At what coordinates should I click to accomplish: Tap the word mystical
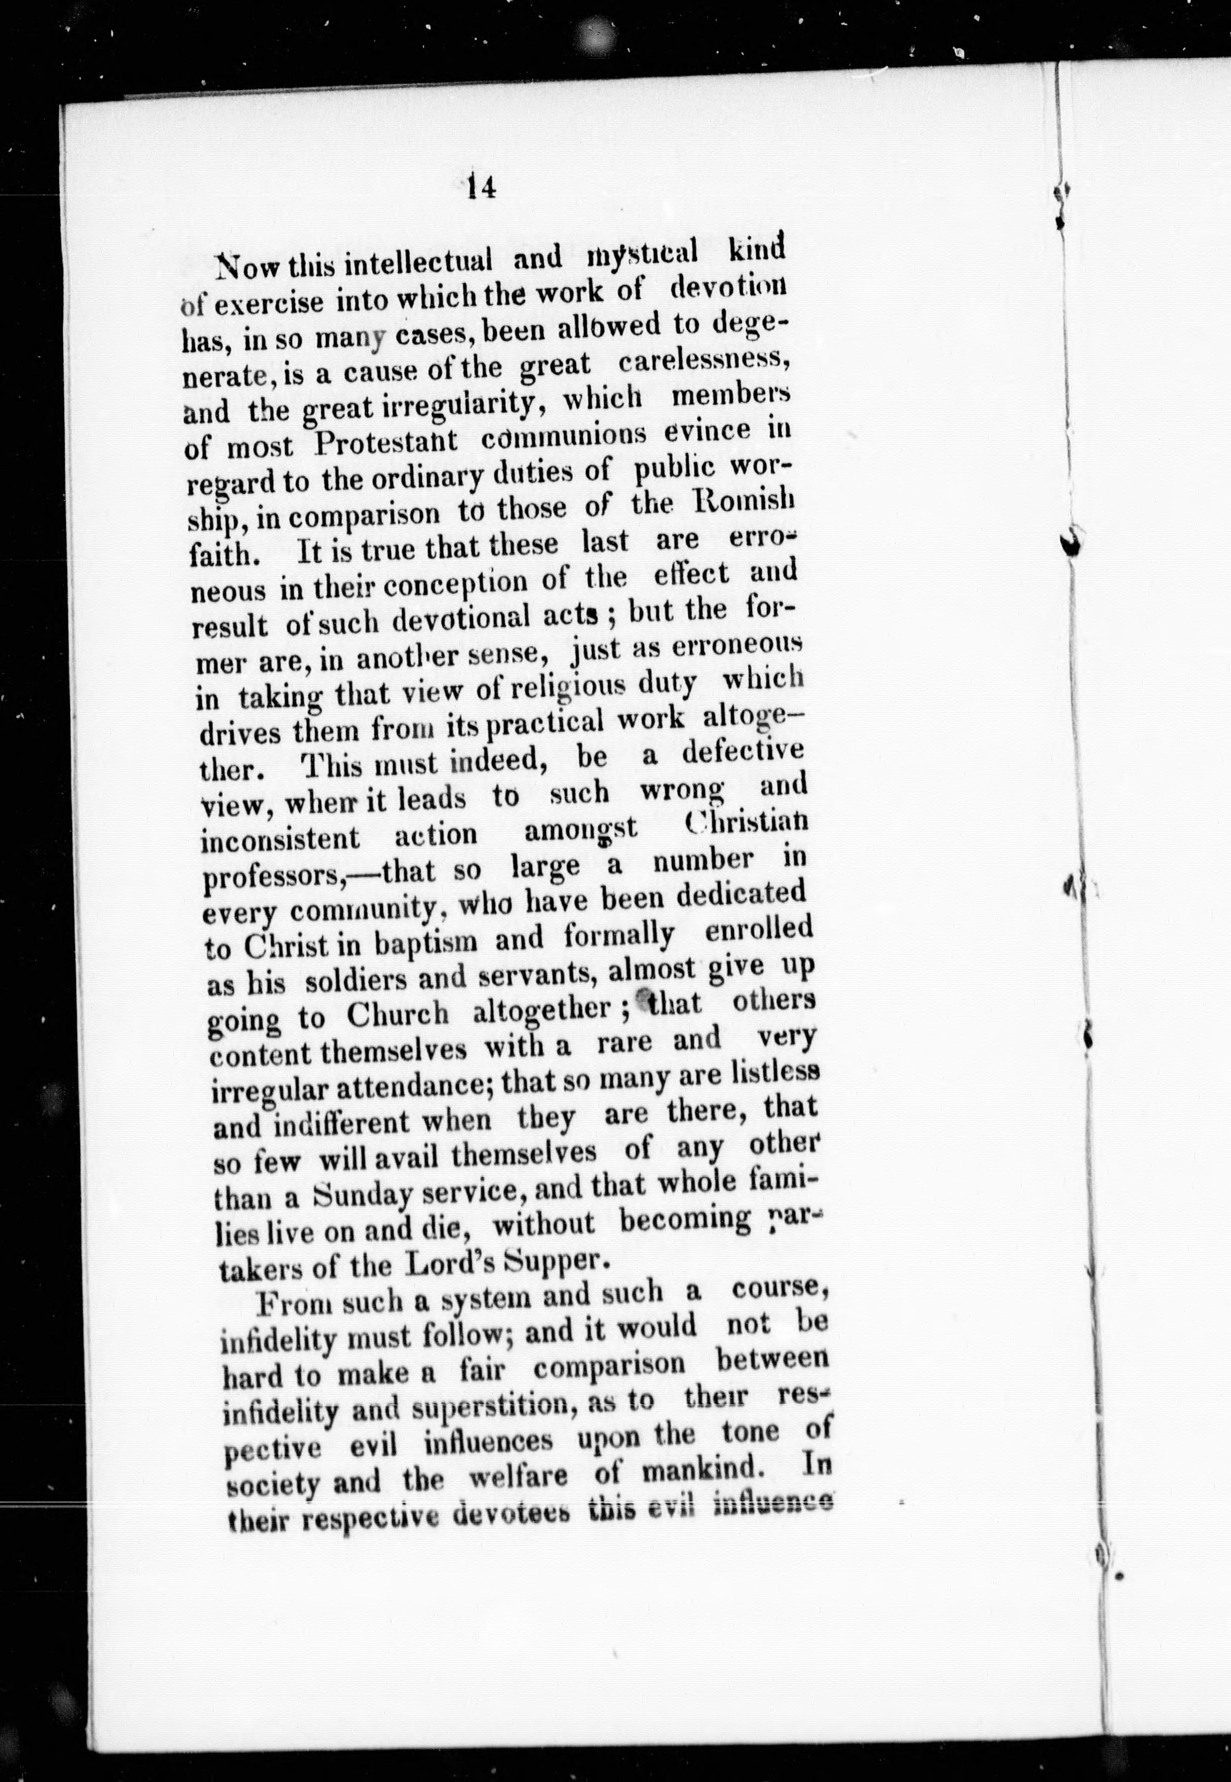642,253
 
